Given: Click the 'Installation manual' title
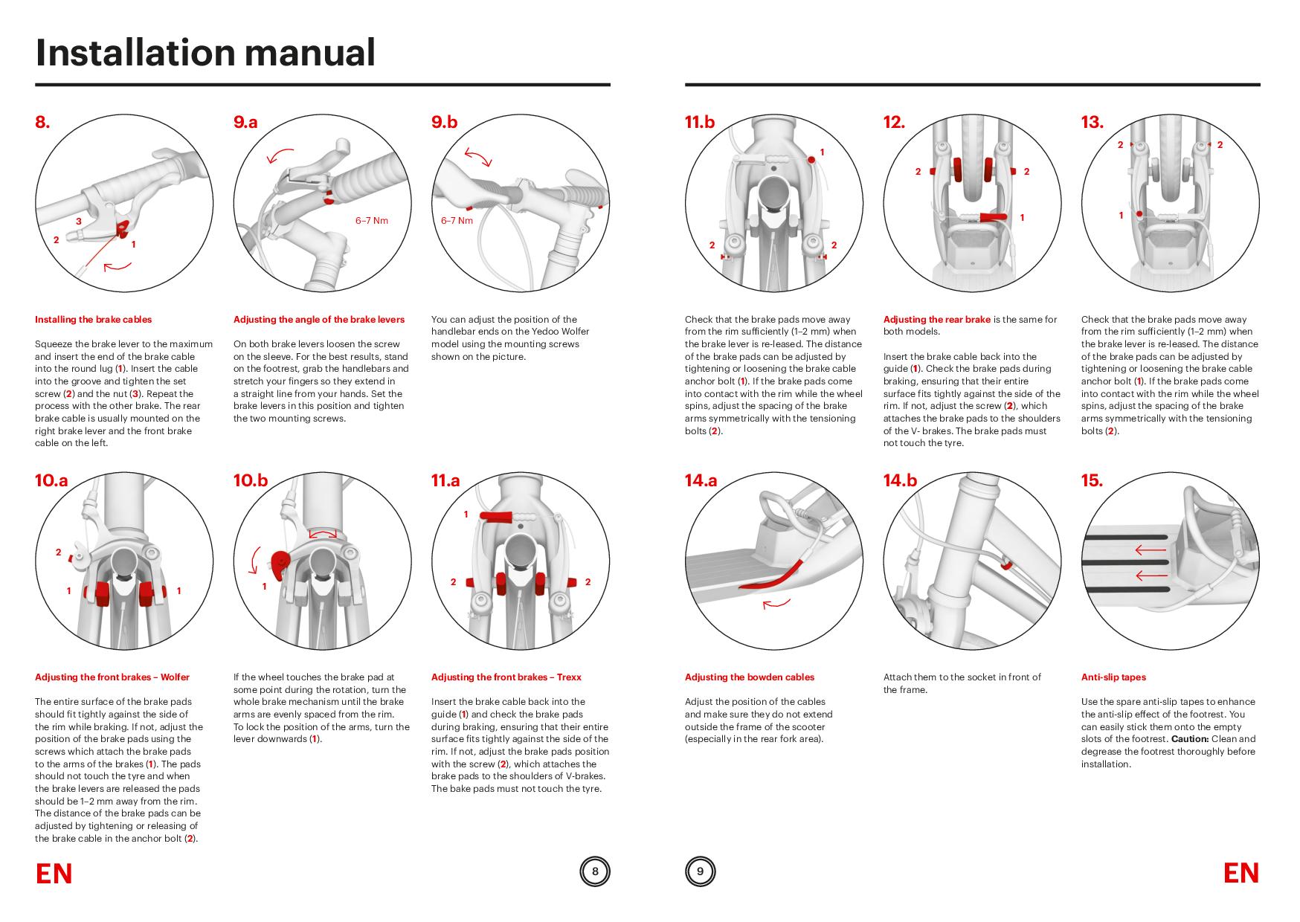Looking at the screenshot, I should pyautogui.click(x=205, y=53).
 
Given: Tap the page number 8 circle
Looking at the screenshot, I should pyautogui.click(x=594, y=871).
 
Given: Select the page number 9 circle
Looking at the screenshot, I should pyautogui.click(x=700, y=871).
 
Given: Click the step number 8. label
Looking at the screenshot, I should pyautogui.click(x=42, y=123).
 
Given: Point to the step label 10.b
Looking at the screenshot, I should pyautogui.click(x=251, y=481).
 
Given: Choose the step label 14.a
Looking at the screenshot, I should pyautogui.click(x=701, y=481).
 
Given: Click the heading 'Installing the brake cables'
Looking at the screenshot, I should pyautogui.click(x=93, y=320).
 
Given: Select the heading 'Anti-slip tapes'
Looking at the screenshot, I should pyautogui.click(x=1113, y=677).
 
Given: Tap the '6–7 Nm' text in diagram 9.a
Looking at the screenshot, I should pyautogui.click(x=372, y=221).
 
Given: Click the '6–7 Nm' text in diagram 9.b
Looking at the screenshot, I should pyautogui.click(x=457, y=221).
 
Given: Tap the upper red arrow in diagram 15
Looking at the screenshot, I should pyautogui.click(x=1151, y=551).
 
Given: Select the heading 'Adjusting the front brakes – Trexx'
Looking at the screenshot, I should pyautogui.click(x=506, y=677).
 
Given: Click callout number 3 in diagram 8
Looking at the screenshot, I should pyautogui.click(x=78, y=222).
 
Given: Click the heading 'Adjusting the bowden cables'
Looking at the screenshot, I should pyautogui.click(x=749, y=677).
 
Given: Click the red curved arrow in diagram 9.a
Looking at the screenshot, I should pyautogui.click(x=280, y=155).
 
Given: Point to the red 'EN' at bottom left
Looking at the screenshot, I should pyautogui.click(x=54, y=874).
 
